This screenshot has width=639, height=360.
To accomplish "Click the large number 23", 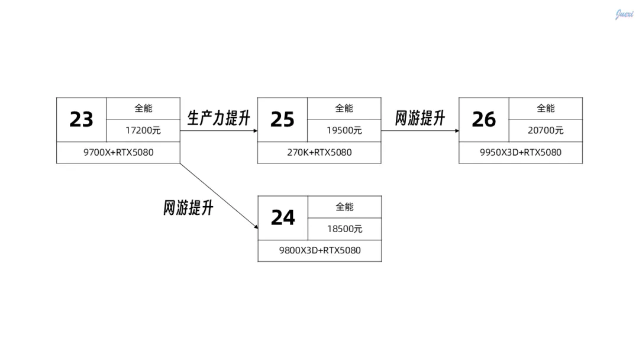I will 82,120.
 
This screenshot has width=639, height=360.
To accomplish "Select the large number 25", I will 282,120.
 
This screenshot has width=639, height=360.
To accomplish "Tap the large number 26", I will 483,120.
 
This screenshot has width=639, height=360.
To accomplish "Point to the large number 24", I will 283,218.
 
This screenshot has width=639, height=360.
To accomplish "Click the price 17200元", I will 143,130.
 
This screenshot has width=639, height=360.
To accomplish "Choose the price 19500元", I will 344,130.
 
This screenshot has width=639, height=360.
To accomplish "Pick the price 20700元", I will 546,130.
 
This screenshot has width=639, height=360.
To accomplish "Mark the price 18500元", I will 344,229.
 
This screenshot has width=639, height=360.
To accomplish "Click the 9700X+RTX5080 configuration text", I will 118,152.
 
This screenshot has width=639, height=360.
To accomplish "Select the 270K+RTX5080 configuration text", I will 319,152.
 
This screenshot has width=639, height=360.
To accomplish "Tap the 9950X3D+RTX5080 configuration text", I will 521,152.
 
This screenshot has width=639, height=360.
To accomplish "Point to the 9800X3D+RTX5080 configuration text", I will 320,250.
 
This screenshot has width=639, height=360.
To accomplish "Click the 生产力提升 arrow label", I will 219,118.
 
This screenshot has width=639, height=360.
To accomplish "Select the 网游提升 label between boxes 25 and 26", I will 420,118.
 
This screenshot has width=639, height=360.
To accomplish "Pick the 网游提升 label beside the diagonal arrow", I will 188,208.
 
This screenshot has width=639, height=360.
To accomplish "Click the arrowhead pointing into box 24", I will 255,226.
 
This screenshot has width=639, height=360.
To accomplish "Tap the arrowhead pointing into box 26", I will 457,130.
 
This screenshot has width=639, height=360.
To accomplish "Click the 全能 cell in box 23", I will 143,108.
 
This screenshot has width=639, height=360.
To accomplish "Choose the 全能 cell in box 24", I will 344,207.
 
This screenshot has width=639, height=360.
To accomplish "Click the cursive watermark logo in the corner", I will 624,14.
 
